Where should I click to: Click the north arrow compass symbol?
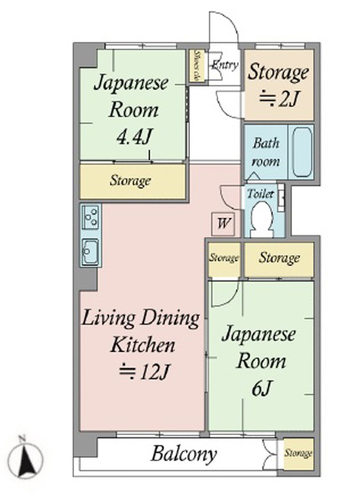pyautogui.click(x=24, y=457)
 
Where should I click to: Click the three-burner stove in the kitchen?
pyautogui.click(x=91, y=216)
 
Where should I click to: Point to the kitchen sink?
pyautogui.click(x=91, y=252)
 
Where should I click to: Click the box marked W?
pyautogui.click(x=223, y=223)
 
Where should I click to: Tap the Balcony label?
pyautogui.click(x=184, y=454)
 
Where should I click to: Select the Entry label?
pyautogui.click(x=226, y=65)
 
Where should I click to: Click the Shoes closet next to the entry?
pyautogui.click(x=196, y=66)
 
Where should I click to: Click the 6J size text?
pyautogui.click(x=262, y=388)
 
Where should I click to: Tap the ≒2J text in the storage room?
pyautogui.click(x=279, y=99)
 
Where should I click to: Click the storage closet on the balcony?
pyautogui.click(x=299, y=454)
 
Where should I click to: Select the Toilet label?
pyautogui.click(x=260, y=194)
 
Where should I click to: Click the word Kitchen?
pyautogui.click(x=143, y=345)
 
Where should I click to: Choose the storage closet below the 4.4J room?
pyautogui.click(x=133, y=181)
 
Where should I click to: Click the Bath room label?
pyautogui.click(x=265, y=152)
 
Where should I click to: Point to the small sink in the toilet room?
pyautogui.click(x=281, y=197)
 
